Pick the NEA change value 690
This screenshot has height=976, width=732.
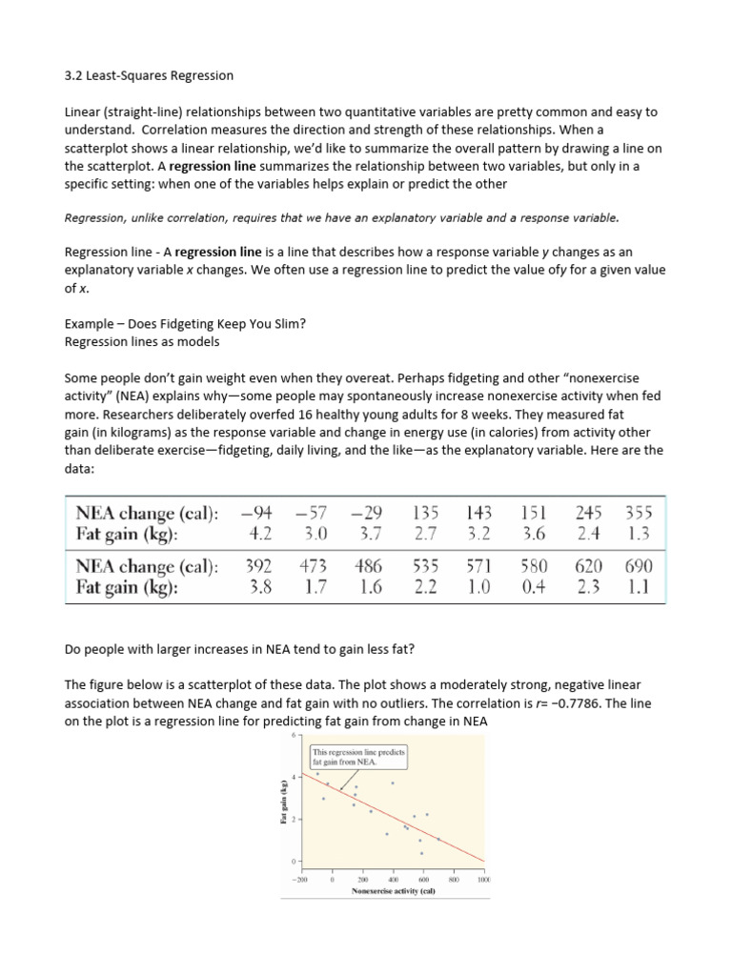[x=635, y=566]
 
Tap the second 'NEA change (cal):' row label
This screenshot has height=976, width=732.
[x=147, y=566]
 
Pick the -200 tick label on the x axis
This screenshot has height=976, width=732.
[x=302, y=879]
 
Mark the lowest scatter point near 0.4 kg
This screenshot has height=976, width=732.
[x=421, y=853]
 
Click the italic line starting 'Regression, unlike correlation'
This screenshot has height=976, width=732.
[x=341, y=217]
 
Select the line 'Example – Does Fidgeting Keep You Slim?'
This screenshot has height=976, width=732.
[x=184, y=323]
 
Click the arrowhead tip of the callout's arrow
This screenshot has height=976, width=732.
[x=340, y=790]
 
